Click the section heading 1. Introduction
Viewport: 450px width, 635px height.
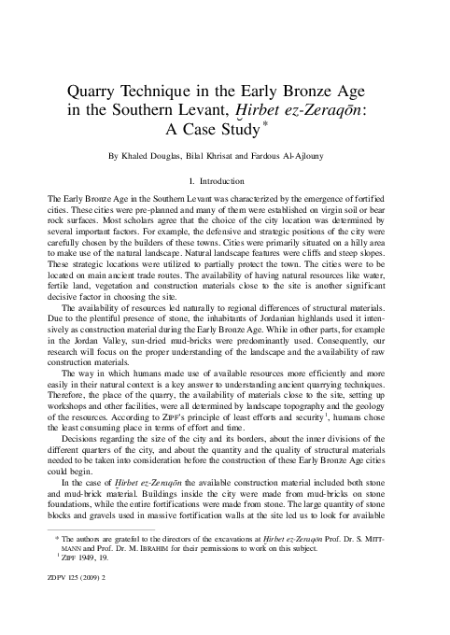(x=224, y=181)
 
